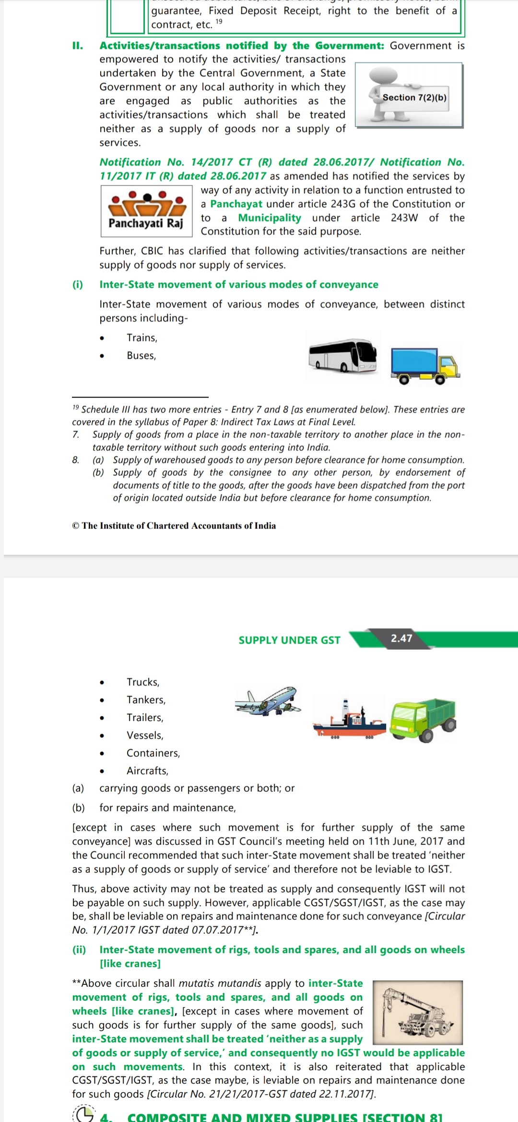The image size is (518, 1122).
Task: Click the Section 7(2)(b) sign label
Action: (x=414, y=97)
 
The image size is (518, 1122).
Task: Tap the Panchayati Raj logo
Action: (x=146, y=211)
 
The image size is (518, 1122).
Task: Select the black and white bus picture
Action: (x=343, y=356)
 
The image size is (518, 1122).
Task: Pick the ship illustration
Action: (x=349, y=719)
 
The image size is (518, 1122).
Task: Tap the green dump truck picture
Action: (x=423, y=719)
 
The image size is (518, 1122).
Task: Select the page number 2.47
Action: (x=401, y=638)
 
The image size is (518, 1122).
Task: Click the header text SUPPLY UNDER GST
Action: (x=289, y=640)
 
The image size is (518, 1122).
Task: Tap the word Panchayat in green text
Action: (x=236, y=204)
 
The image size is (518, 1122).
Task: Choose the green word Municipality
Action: (x=270, y=218)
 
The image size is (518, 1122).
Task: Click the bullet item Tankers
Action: (x=146, y=700)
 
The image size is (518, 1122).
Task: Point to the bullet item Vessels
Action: (x=145, y=735)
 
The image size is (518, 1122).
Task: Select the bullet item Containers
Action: (x=153, y=753)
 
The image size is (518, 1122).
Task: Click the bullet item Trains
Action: (x=142, y=338)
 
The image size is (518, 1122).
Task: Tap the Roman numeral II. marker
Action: (x=77, y=46)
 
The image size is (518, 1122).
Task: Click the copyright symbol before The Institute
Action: (x=76, y=526)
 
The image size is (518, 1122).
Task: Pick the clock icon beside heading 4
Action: (x=84, y=1113)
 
